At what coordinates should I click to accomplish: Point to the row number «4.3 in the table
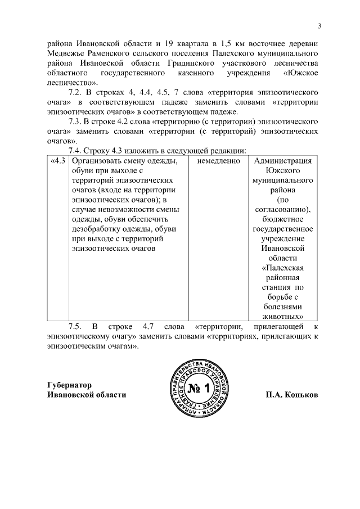point(58,161)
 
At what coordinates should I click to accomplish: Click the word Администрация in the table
point(282,161)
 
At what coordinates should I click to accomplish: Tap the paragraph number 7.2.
point(75,92)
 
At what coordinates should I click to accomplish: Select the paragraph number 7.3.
point(75,121)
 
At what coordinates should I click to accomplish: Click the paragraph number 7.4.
point(75,151)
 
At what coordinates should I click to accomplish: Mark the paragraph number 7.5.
point(75,326)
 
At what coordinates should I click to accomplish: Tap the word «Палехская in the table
point(282,268)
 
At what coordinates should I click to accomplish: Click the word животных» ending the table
point(282,317)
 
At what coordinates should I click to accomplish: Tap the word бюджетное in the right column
point(282,219)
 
